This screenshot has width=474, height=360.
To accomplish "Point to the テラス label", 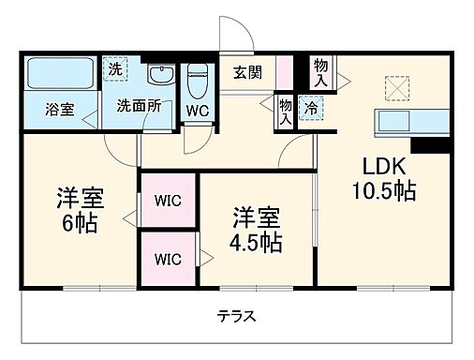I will pyautogui.click(x=236, y=315).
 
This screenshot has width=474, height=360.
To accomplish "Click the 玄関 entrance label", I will pyautogui.click(x=247, y=73).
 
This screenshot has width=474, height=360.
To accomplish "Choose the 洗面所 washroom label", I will pyautogui.click(x=139, y=106).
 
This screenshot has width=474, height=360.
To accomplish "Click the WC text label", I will pyautogui.click(x=197, y=109).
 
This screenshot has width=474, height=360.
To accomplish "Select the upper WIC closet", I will pyautogui.click(x=169, y=200).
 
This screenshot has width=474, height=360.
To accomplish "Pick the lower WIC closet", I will pyautogui.click(x=169, y=257).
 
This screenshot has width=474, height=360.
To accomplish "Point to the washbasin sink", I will pyautogui.click(x=159, y=76).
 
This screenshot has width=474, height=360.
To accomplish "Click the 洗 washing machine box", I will pyautogui.click(x=114, y=68).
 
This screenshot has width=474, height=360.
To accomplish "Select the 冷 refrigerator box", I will pyautogui.click(x=309, y=106).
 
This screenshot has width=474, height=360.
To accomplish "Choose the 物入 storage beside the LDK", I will pyautogui.click(x=321, y=71).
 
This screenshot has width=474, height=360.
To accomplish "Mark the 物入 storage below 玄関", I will pyautogui.click(x=284, y=110).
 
